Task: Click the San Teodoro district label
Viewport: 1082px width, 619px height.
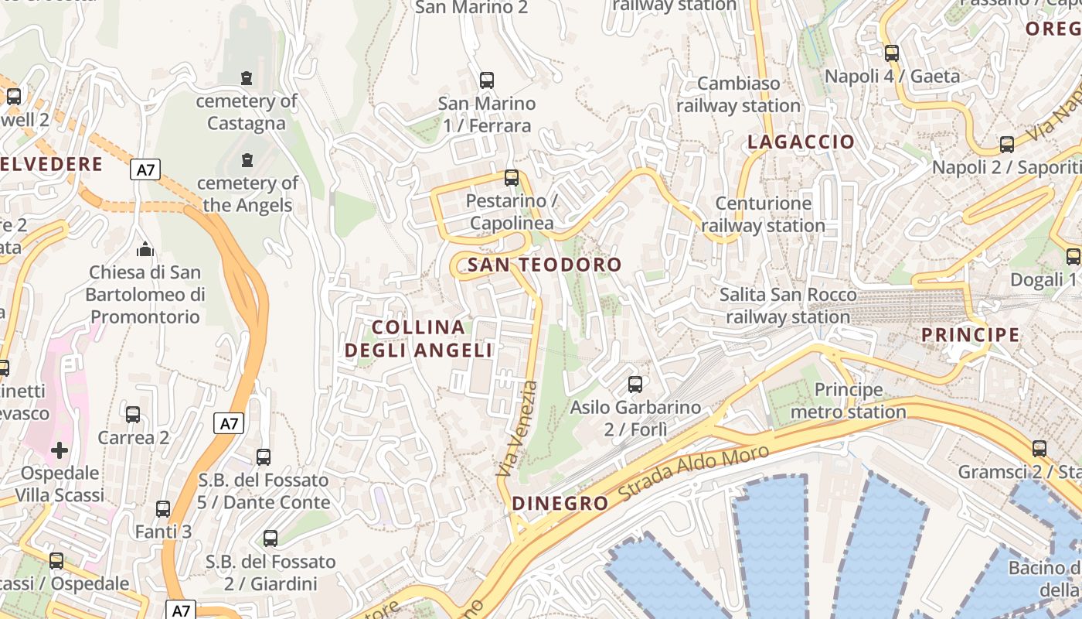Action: point(544,265)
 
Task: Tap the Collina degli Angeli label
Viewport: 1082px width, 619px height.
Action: point(418,339)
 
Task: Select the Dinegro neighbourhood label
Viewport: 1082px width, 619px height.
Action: point(560,504)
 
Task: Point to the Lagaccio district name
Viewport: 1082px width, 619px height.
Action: point(801,142)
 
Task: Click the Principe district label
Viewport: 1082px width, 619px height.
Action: point(971,335)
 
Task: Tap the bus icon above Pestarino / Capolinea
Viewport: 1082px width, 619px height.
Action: point(511,178)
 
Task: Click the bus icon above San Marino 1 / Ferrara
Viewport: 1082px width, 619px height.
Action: point(486,80)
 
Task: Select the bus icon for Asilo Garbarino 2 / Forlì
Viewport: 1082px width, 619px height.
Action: point(635,384)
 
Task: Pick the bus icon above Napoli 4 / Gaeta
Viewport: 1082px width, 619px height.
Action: point(892,53)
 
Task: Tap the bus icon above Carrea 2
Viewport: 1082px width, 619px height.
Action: point(133,415)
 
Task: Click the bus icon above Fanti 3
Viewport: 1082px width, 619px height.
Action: point(163,509)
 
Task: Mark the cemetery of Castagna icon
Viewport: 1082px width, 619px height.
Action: point(247,78)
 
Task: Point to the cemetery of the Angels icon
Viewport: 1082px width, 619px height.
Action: point(247,160)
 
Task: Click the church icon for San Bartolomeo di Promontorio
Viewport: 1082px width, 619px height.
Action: point(145,249)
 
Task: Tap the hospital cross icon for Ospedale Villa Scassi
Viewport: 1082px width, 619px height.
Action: point(60,450)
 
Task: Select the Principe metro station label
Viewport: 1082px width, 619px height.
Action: point(848,401)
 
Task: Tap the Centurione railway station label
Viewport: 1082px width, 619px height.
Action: point(764,214)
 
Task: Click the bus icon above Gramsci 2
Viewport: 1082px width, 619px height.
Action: point(1039,448)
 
